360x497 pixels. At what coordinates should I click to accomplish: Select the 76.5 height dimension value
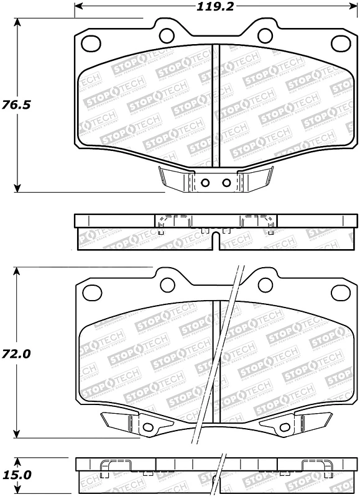(18, 104)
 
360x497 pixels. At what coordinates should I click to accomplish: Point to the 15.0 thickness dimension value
(18, 475)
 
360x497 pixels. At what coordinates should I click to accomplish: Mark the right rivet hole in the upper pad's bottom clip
(226, 183)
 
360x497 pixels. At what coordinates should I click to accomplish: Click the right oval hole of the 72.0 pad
(341, 291)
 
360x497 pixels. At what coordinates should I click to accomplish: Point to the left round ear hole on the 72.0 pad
(167, 284)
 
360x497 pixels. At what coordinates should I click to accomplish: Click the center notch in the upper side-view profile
(215, 239)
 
